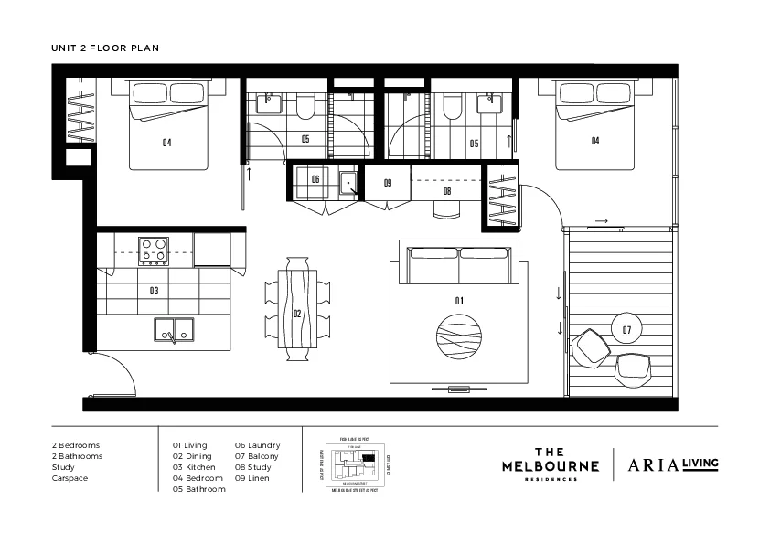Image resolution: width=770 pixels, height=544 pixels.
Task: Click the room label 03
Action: coord(154,291)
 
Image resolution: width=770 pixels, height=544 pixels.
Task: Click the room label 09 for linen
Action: coord(388,183)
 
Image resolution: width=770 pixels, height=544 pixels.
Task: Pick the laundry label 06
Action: coord(315,179)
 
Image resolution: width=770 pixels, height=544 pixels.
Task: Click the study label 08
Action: coord(447,192)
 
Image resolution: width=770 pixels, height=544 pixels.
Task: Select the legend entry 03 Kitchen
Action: coord(194,467)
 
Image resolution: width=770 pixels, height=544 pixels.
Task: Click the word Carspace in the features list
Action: coord(70,478)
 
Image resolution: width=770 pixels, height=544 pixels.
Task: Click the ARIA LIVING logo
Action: coord(672,464)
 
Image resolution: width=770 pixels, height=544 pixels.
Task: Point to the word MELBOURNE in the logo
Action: coord(550,465)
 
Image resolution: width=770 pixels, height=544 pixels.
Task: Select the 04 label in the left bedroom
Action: coord(167,142)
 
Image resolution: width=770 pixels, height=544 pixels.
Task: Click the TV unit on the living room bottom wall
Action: coord(457,389)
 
